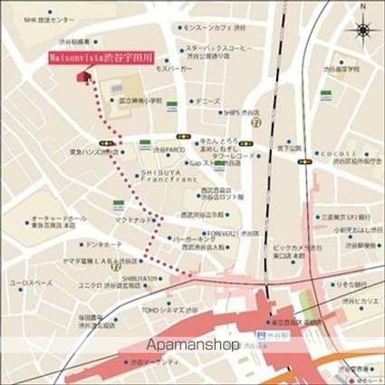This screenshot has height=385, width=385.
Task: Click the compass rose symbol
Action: pyautogui.click(x=362, y=29)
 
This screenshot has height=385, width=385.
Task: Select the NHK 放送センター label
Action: pyautogui.click(x=51, y=19)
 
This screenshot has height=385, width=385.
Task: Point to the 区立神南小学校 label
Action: pyautogui.click(x=142, y=101)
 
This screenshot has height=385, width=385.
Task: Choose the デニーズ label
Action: pyautogui.click(x=207, y=101)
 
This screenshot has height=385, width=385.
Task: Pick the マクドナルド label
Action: pyautogui.click(x=132, y=219)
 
